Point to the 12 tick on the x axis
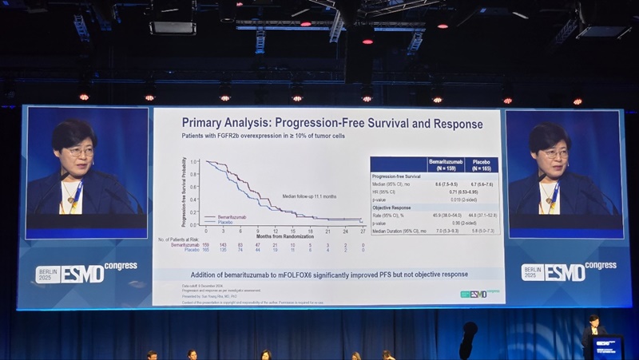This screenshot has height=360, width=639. pos(275,231)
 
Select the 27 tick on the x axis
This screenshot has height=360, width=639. pos(363,231)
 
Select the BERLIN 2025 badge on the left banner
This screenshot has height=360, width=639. pos(47,273)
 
